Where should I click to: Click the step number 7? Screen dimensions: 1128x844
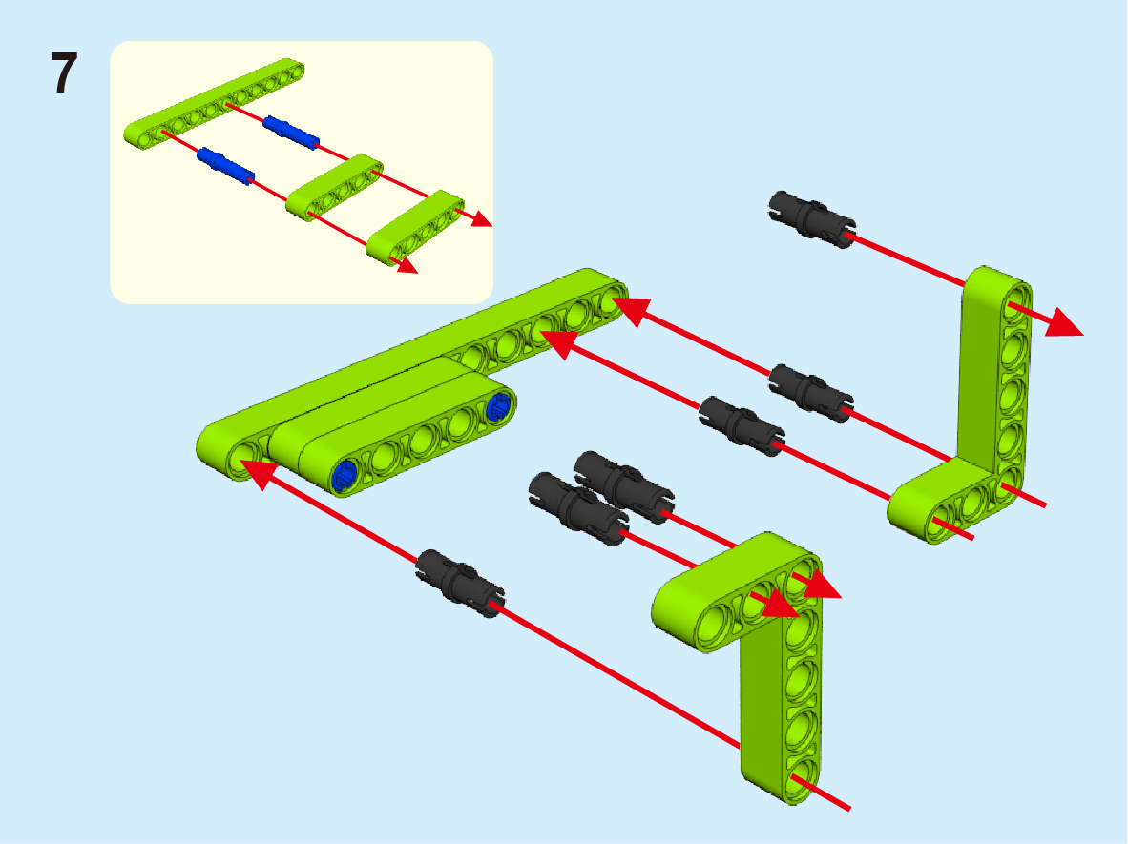coord(64,73)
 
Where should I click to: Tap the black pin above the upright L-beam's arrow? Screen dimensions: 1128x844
coord(812,219)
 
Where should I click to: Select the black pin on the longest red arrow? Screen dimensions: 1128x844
coord(460,583)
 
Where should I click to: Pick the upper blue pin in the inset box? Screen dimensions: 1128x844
coord(291,133)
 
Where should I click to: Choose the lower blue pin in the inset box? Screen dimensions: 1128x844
coord(226,166)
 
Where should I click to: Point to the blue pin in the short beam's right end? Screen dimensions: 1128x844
coord(498,407)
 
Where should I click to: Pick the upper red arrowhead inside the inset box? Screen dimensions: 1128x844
coord(482,217)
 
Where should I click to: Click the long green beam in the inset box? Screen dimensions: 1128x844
coord(214,104)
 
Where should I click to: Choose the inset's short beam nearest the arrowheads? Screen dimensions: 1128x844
coord(415,227)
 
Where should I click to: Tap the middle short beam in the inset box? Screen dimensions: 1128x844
coord(335,187)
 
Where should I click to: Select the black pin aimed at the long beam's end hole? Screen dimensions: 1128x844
coord(811,393)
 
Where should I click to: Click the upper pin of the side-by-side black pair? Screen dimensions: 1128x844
coord(624,486)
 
